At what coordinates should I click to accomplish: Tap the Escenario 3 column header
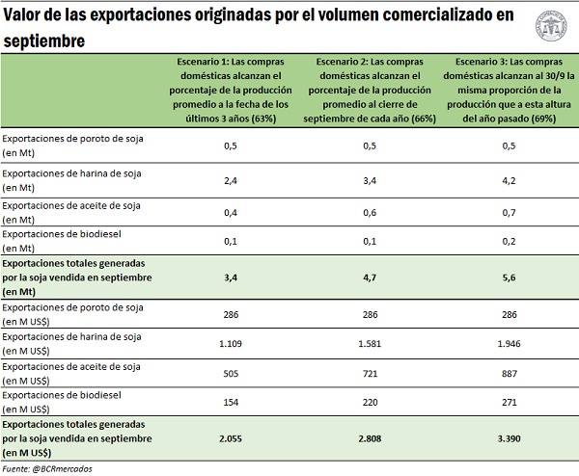[508, 90]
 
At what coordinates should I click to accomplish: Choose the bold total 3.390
[508, 436]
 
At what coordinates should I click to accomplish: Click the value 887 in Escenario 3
[508, 373]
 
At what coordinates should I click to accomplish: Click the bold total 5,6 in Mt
[508, 277]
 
